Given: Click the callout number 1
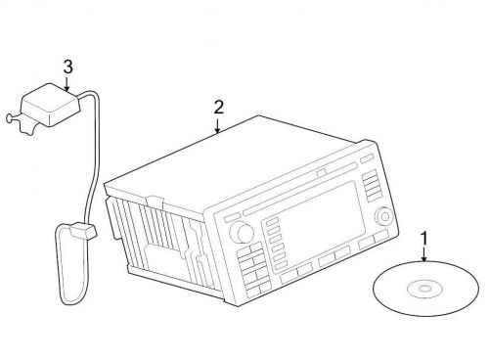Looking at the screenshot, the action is [x=424, y=238].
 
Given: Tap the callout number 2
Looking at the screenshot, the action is [x=219, y=108].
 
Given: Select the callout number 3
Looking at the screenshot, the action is [x=67, y=67].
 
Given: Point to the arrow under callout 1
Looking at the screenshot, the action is [x=423, y=254].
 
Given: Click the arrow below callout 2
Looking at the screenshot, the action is [x=217, y=126].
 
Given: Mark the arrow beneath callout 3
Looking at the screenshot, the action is [x=67, y=83].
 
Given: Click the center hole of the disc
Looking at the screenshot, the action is [x=424, y=289].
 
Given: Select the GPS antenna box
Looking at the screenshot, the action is [x=50, y=105].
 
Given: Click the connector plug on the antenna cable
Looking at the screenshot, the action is [x=83, y=230].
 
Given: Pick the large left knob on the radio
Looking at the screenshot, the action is [x=242, y=232].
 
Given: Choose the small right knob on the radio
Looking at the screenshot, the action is [x=384, y=216].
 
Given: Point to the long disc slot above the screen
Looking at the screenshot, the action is [x=300, y=189].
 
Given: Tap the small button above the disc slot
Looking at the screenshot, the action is [x=322, y=172].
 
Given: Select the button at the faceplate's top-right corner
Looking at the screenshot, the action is [x=367, y=157].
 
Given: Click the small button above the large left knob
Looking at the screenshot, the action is [x=232, y=216].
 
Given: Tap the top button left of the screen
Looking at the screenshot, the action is [x=272, y=222].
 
